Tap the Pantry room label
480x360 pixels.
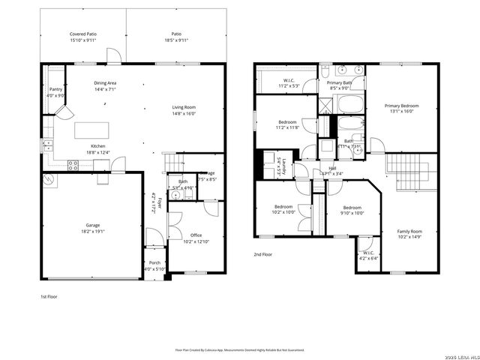click(56, 88)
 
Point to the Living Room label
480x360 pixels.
click(184, 107)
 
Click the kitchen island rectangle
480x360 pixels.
click(93, 130)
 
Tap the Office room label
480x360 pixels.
click(195, 235)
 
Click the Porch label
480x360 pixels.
click(154, 262)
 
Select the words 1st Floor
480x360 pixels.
click(49, 297)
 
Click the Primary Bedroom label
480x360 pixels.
click(402, 106)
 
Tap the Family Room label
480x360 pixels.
click(409, 232)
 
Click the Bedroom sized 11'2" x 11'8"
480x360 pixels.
click(287, 121)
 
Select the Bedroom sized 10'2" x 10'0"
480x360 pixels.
click(283, 207)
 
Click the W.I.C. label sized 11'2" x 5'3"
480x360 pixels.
click(289, 80)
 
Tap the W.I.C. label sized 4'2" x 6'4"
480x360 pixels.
click(368, 253)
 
